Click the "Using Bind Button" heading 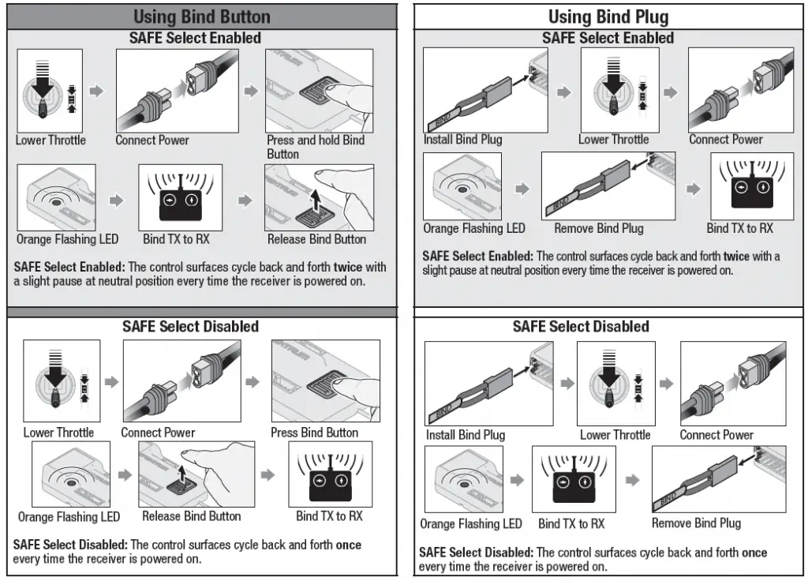point(201,17)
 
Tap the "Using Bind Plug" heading point(608,17)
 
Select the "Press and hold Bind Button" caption point(315,147)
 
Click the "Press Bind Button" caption point(314,433)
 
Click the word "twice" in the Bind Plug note point(736,257)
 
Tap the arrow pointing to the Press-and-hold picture point(251,92)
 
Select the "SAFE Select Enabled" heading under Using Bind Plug point(608,38)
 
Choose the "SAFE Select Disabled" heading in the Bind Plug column point(581,327)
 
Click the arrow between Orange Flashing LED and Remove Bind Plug point(522,189)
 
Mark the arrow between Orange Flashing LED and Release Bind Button point(124,475)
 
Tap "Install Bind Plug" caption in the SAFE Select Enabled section point(462,140)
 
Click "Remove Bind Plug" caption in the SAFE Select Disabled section point(696,523)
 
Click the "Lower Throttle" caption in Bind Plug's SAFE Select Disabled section point(615,435)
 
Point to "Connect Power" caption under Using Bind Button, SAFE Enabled point(152,141)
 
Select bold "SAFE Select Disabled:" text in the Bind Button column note point(70,545)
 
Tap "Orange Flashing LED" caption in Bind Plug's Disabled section point(470,523)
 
